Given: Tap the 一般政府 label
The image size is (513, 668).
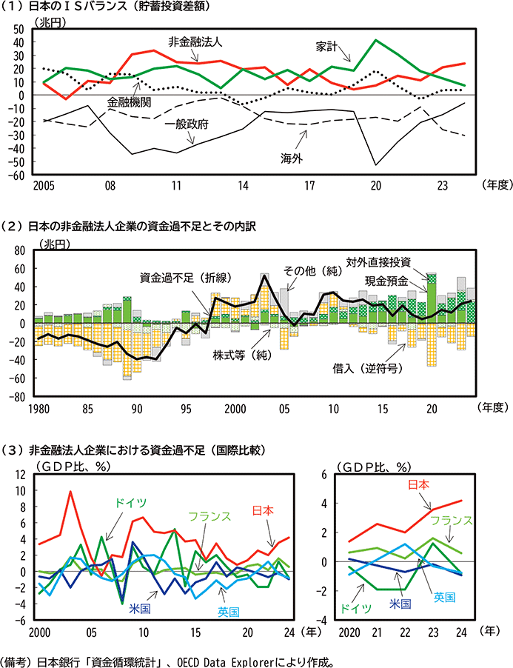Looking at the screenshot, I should [187, 124].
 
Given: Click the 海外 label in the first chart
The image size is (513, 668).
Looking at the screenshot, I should [291, 158].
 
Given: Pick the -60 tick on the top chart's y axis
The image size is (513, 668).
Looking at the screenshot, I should [17, 175].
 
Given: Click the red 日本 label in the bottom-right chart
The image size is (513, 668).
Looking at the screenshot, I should [420, 485].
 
